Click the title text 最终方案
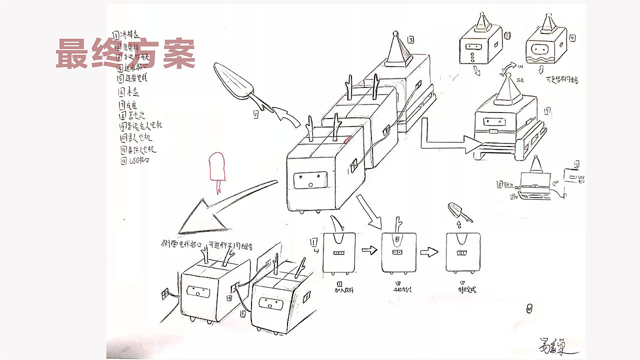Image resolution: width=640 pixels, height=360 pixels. click(125, 53)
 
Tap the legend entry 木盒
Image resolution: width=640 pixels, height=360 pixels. click(129, 92)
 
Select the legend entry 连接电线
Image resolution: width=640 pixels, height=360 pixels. click(132, 78)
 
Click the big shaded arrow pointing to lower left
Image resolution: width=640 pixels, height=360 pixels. click(220, 210)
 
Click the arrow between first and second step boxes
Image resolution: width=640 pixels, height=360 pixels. click(369, 250)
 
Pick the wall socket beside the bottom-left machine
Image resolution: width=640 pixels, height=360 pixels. click(165, 294)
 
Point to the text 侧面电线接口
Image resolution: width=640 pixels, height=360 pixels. click(181, 244)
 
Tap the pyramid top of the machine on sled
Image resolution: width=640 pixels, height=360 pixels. click(507, 87)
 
